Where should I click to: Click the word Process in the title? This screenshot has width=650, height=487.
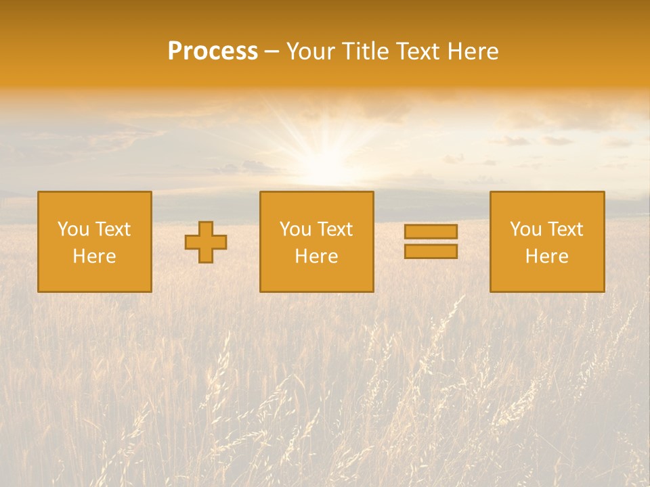tap(213, 51)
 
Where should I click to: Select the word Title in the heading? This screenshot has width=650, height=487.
tap(364, 51)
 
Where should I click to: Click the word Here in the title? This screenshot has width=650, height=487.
tap(473, 51)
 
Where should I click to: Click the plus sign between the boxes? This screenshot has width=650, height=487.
tap(206, 242)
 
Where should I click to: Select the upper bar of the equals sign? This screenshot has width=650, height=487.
tap(431, 232)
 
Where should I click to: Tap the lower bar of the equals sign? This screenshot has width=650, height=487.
tap(431, 252)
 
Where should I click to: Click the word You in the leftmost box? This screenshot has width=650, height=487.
tap(72, 229)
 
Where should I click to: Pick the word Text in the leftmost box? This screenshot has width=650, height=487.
tap(112, 229)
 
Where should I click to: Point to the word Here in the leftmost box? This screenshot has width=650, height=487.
tap(94, 256)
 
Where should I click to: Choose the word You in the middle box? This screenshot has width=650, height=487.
tap(295, 229)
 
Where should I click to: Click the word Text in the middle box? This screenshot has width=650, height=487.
tap(334, 229)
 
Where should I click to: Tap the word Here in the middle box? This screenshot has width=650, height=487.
tap(316, 256)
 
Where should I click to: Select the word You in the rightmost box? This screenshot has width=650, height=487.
tap(525, 229)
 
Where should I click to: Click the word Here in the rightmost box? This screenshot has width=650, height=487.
tap(546, 256)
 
